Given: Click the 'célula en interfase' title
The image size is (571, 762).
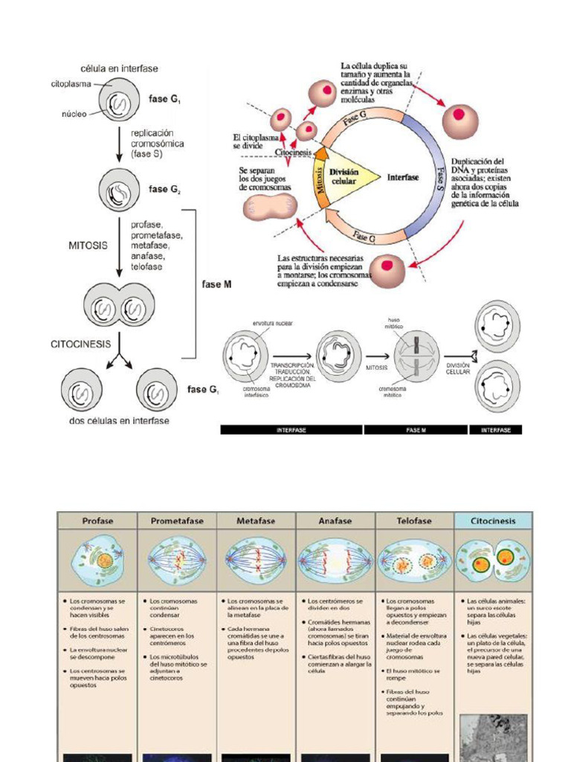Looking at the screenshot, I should (x=119, y=68).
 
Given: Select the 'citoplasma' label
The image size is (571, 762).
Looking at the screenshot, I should (x=71, y=84).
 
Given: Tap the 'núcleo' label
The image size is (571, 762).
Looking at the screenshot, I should (x=74, y=114).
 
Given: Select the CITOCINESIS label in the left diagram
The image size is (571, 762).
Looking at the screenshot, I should (x=80, y=344).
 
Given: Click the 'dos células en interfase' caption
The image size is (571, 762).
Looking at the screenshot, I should (x=113, y=420).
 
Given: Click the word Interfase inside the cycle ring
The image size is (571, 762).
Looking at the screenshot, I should (x=403, y=177).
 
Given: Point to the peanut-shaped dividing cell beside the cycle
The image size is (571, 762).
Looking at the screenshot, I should (x=271, y=207).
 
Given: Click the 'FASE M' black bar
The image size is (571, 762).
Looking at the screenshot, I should (x=415, y=430).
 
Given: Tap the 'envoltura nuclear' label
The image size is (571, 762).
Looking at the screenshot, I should (x=273, y=324).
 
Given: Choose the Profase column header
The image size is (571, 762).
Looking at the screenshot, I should (x=97, y=521).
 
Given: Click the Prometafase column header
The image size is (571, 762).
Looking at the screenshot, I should (x=177, y=521).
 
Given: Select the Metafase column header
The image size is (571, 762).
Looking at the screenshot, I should (x=256, y=521).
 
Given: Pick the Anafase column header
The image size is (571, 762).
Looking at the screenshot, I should (x=335, y=521).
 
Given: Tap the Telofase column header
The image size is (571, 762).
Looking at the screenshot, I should (x=414, y=521).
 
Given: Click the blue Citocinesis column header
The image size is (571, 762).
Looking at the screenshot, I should (x=494, y=521).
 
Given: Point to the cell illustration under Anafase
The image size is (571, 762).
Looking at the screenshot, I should (x=335, y=560).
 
